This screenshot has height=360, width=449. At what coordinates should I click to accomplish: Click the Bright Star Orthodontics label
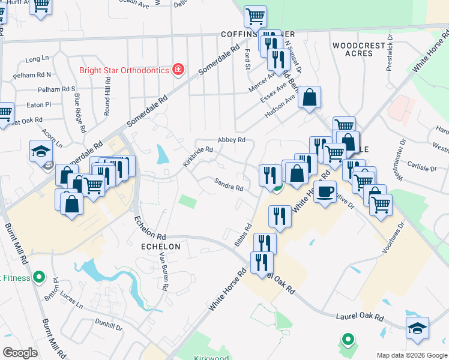tap(124, 70)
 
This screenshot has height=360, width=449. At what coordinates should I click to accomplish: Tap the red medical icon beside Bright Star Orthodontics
tap(178, 70)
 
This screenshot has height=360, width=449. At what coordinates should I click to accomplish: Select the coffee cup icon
tap(325, 191)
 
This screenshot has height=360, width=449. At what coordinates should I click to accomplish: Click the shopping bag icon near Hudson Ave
tap(309, 97)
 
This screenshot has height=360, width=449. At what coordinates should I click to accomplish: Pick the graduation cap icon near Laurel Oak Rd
tap(417, 328)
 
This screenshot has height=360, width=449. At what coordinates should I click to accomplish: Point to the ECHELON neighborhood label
tap(160, 247)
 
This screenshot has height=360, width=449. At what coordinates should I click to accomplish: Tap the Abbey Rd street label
tap(232, 140)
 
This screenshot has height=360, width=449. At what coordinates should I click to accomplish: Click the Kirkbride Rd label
tap(198, 157)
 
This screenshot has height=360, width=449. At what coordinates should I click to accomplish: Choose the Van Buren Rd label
tap(163, 272)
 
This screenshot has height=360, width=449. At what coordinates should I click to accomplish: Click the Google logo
tap(20, 353)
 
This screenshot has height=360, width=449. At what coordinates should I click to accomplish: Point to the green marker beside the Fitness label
tap(39, 277)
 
